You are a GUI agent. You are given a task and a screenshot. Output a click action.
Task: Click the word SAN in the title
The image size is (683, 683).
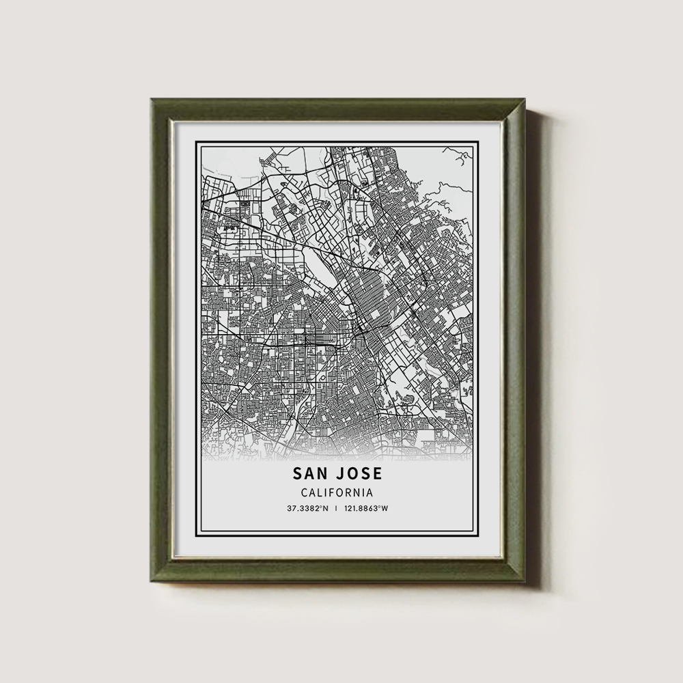(311, 473)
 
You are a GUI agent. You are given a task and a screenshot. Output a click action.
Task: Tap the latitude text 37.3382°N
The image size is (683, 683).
(307, 508)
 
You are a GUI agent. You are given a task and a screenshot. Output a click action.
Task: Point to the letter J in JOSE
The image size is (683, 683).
(341, 473)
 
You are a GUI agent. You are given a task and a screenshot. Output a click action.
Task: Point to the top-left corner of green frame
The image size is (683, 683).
(153, 100)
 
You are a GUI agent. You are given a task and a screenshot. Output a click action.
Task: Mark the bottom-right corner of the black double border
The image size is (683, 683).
(485, 538)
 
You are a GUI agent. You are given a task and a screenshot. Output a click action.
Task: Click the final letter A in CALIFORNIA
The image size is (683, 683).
(369, 492)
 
